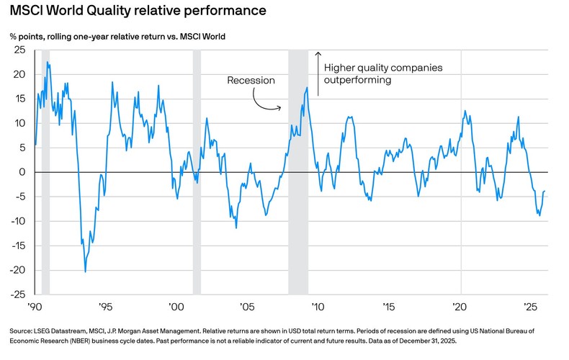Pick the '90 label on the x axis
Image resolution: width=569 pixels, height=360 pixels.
(34, 305)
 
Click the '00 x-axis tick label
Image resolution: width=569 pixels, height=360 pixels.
(176, 305)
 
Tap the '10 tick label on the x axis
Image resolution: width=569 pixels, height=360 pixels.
(318, 305)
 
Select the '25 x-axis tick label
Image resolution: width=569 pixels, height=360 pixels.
(531, 305)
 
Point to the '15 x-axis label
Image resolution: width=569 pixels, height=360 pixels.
(389, 305)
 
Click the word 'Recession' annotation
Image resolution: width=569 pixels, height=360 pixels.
(251, 81)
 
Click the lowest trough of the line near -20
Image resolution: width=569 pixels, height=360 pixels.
(85, 271)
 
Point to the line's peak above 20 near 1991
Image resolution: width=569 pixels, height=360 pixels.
(48, 63)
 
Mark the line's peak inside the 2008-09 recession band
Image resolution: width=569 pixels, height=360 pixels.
(307, 88)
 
